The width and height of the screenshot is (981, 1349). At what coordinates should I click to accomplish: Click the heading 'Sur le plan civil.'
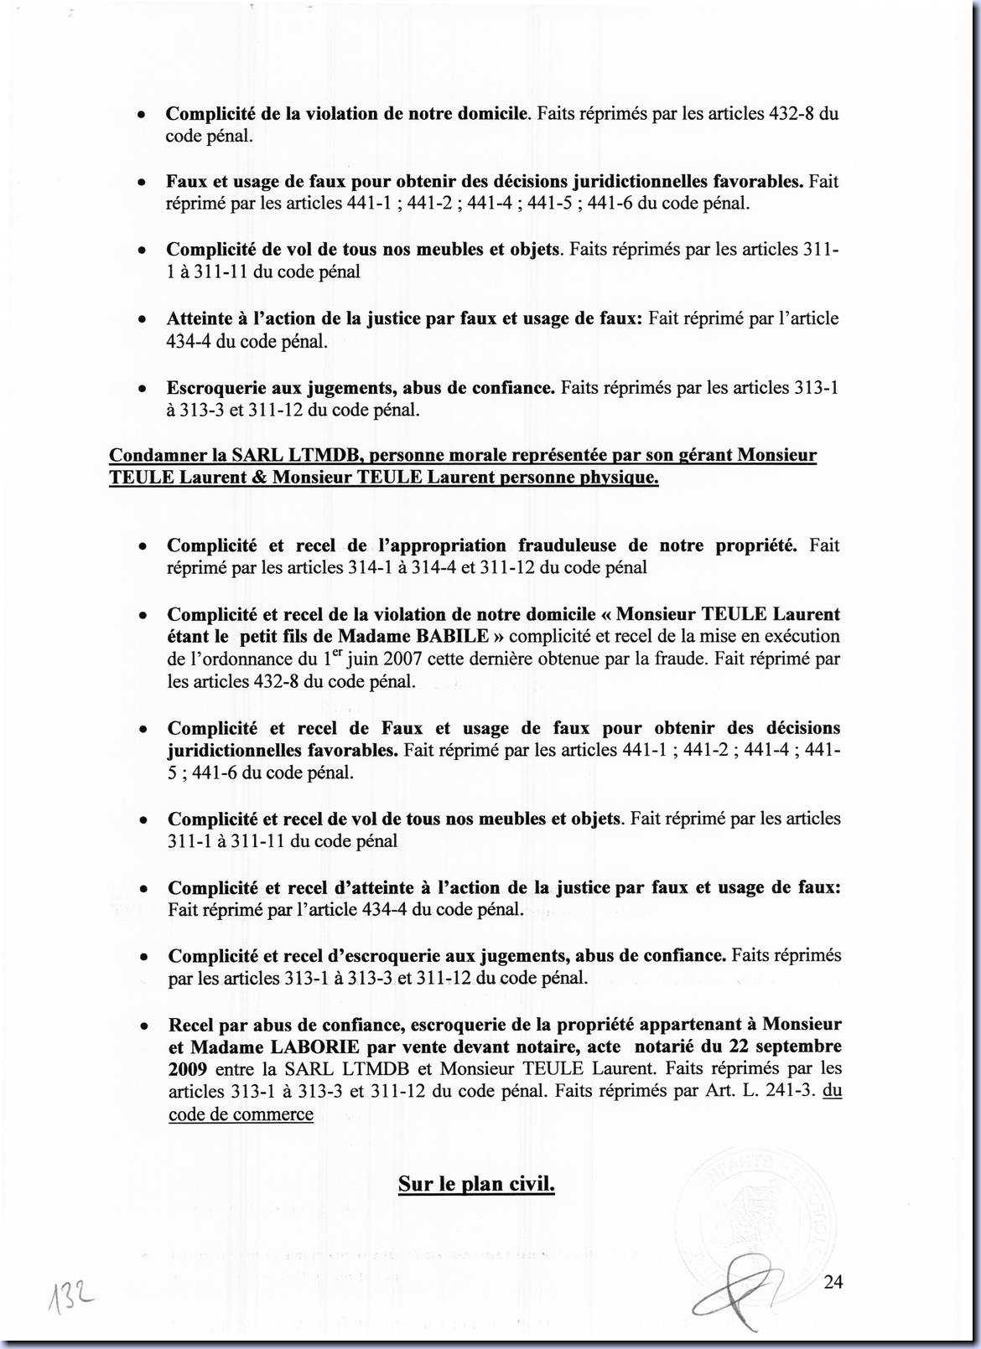click(476, 1184)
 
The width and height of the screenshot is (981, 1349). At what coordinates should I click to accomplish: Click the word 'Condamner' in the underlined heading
click(157, 456)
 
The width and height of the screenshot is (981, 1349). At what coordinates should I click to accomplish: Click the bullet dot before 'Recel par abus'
click(145, 1026)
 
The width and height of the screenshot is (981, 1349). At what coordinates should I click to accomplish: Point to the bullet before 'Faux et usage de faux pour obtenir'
click(144, 183)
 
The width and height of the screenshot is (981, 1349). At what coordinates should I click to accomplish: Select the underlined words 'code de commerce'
click(241, 1114)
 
